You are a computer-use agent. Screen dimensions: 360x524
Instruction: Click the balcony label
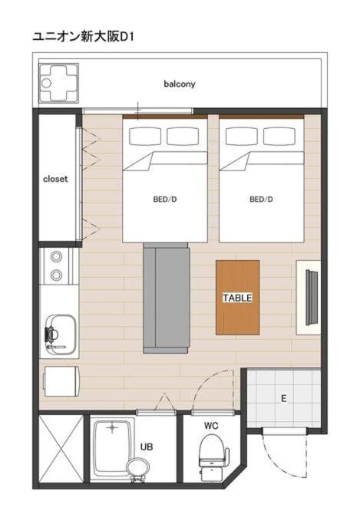click(x=179, y=84)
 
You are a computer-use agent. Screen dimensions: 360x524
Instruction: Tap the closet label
click(x=55, y=179)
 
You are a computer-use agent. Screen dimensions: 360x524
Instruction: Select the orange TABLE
click(x=237, y=297)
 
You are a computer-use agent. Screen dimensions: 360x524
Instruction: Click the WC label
click(x=211, y=426)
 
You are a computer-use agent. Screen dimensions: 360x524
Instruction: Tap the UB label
click(x=147, y=447)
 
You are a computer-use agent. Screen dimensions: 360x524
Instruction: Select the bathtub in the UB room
click(x=112, y=449)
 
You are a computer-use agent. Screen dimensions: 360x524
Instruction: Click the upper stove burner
click(x=56, y=257)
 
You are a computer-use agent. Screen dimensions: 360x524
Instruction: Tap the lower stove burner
click(x=56, y=275)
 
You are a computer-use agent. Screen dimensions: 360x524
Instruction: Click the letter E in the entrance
click(x=284, y=398)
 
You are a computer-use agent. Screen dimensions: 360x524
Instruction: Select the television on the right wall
click(x=312, y=297)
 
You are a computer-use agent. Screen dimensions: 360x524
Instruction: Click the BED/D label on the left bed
click(x=165, y=199)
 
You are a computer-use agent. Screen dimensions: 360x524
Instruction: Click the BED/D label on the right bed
click(x=261, y=199)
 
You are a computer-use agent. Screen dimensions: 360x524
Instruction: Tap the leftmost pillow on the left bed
click(x=145, y=137)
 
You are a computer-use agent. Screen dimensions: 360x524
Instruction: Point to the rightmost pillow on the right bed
click(x=279, y=137)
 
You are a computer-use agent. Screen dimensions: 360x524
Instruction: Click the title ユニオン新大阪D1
click(x=83, y=37)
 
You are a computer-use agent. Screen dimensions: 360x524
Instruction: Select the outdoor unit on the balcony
click(x=59, y=83)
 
